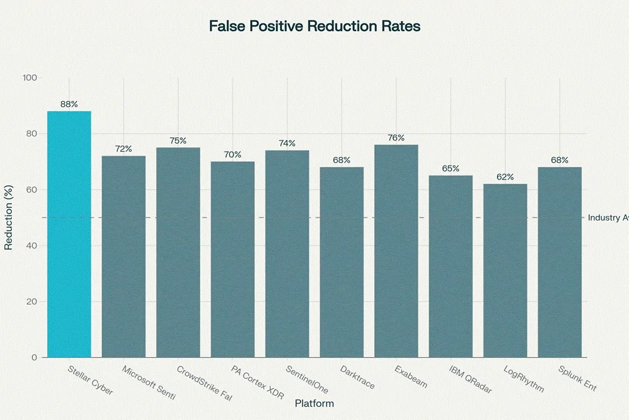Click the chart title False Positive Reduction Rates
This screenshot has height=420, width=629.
tap(314, 26)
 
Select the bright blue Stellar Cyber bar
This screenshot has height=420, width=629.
tap(69, 234)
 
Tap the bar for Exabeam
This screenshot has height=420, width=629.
tap(396, 251)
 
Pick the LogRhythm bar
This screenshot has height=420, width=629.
tap(505, 271)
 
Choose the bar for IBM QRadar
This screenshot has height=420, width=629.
tap(450, 266)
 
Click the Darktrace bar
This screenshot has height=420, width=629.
tap(342, 262)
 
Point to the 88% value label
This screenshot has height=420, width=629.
tap(69, 105)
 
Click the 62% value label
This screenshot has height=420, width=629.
tap(505, 177)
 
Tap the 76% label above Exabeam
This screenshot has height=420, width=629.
tap(396, 138)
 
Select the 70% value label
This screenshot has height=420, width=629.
tap(232, 154)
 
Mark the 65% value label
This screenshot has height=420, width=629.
tap(450, 169)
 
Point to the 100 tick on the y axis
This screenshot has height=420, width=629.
tap(30, 78)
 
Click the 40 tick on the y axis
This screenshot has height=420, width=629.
tap(32, 245)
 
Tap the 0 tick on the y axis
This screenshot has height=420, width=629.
tap(34, 357)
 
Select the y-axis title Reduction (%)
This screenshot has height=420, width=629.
tap(9, 217)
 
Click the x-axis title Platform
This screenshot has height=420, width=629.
tap(314, 403)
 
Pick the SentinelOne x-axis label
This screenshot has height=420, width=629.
tap(307, 380)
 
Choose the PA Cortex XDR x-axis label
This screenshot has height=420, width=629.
tap(258, 382)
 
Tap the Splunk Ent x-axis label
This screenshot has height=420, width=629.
tap(577, 378)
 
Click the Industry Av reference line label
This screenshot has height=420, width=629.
tap(608, 218)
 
